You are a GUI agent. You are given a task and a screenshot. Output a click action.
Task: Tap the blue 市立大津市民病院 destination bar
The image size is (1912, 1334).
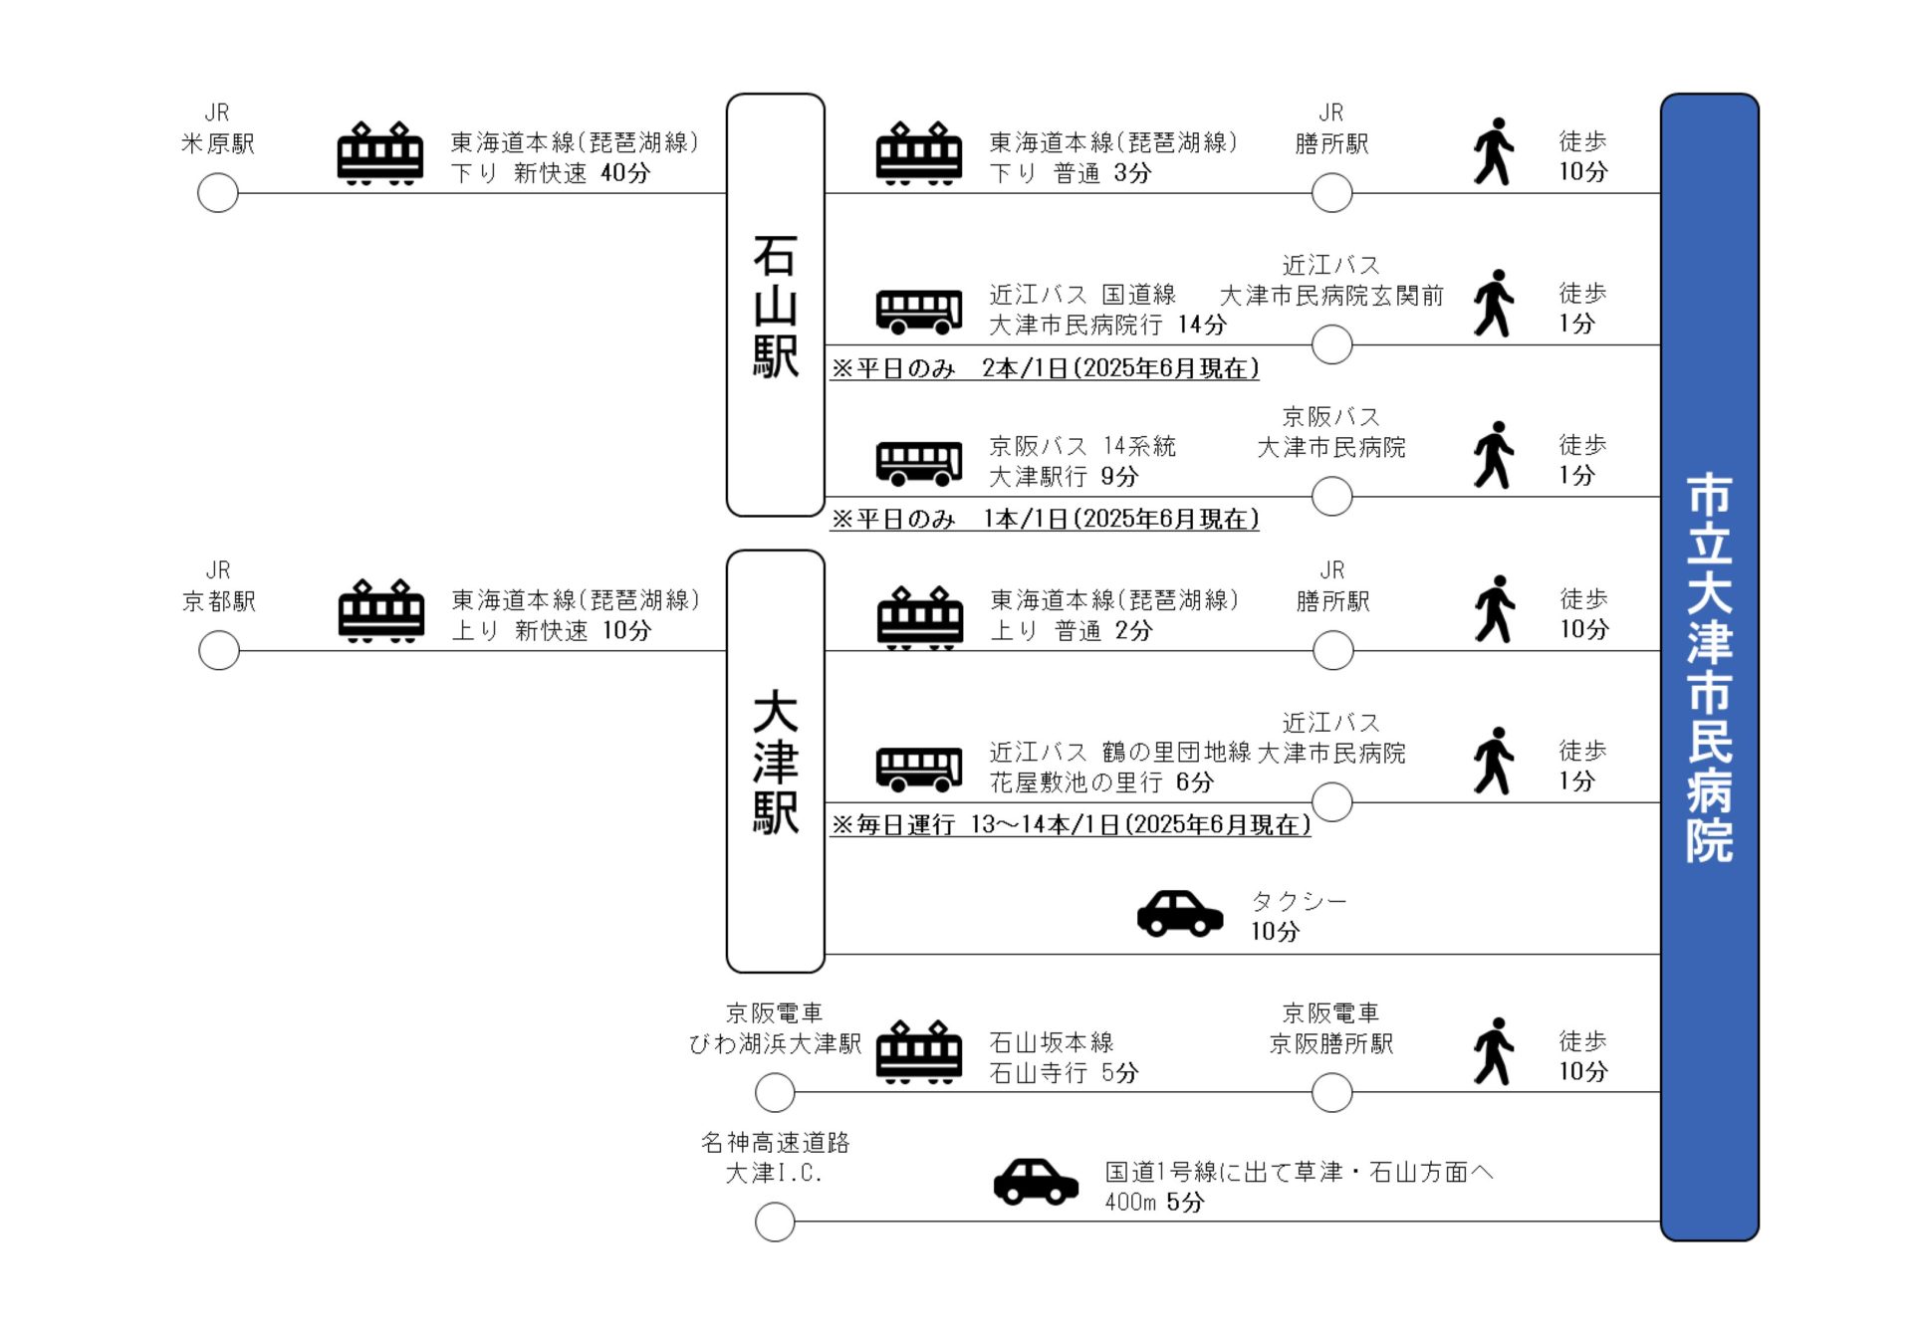(1709, 667)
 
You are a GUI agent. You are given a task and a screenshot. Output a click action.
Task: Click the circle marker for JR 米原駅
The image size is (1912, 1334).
(218, 193)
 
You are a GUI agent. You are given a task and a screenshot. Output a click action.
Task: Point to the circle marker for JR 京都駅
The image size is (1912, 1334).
(219, 651)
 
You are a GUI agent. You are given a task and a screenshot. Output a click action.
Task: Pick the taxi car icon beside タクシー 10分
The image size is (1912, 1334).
(1180, 913)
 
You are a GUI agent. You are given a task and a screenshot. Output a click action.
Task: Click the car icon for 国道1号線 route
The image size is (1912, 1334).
(1036, 1182)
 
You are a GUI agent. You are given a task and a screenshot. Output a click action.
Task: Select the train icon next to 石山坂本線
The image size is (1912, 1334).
(919, 1051)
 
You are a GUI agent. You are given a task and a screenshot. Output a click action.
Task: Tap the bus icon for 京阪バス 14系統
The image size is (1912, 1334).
(919, 462)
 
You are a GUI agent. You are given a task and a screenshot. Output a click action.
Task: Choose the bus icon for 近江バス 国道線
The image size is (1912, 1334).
(919, 311)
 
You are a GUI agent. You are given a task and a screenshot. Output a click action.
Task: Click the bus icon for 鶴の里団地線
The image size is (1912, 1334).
(919, 768)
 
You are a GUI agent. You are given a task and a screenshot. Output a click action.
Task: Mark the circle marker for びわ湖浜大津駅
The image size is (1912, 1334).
(775, 1093)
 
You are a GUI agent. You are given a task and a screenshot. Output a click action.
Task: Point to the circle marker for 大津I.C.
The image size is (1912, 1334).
(775, 1222)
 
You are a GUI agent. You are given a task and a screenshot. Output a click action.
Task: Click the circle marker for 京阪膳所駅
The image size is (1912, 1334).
(1332, 1093)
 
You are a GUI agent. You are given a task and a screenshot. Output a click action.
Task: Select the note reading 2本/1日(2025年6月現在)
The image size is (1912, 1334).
(1120, 368)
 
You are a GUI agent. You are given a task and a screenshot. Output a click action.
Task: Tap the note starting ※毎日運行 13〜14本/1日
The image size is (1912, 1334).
(1071, 824)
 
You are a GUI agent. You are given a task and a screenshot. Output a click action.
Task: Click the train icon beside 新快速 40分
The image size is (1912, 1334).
(380, 153)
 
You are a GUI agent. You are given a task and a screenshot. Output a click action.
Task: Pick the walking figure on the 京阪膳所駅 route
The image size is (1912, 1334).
(1494, 1051)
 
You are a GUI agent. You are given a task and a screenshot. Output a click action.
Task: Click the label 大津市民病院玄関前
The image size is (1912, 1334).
(1331, 296)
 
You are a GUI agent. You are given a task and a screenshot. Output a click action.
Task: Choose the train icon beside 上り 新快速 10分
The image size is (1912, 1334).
(381, 611)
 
